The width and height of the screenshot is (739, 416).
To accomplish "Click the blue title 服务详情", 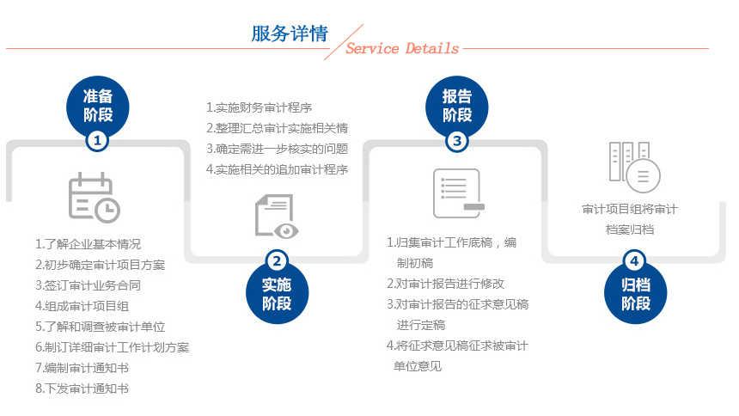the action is coord(290,34).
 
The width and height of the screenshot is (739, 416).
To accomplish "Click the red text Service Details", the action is coord(402,48).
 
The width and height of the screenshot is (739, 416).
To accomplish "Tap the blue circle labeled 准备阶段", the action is coord(98,106).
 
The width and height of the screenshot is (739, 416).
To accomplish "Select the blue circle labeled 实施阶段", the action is coord(277,293).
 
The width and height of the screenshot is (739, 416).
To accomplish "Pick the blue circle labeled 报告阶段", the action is coord(456,106).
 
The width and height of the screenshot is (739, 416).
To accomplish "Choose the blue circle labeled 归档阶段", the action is coord(635,293).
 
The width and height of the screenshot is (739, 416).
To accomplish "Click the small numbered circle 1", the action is coord(98,141).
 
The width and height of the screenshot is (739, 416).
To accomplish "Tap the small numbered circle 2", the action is coord(277,260).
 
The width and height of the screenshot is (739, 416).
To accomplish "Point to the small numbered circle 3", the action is coord(456,141).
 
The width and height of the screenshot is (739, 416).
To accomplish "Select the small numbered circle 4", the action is coord(635,260).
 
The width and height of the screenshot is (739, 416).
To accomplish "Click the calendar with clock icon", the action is coord(95,197).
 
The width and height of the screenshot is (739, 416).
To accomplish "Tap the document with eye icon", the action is coord(277,216).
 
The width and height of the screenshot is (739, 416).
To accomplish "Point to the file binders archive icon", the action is coord(634,167).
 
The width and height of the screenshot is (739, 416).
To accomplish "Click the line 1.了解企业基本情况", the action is coord(89,244).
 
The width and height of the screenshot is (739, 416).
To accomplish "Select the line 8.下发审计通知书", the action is coord(82,388).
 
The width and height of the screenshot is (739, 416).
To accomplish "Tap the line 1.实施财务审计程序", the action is coord(260,107).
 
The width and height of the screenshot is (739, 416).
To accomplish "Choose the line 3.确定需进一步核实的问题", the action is coord(277,149).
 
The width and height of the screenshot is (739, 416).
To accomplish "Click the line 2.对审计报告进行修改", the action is coord(445,284).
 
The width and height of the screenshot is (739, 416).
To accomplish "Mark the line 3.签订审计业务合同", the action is coord(89,285).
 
